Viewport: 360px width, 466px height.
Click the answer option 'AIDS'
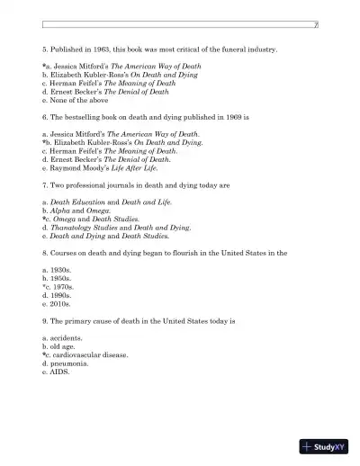point(58,372)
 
